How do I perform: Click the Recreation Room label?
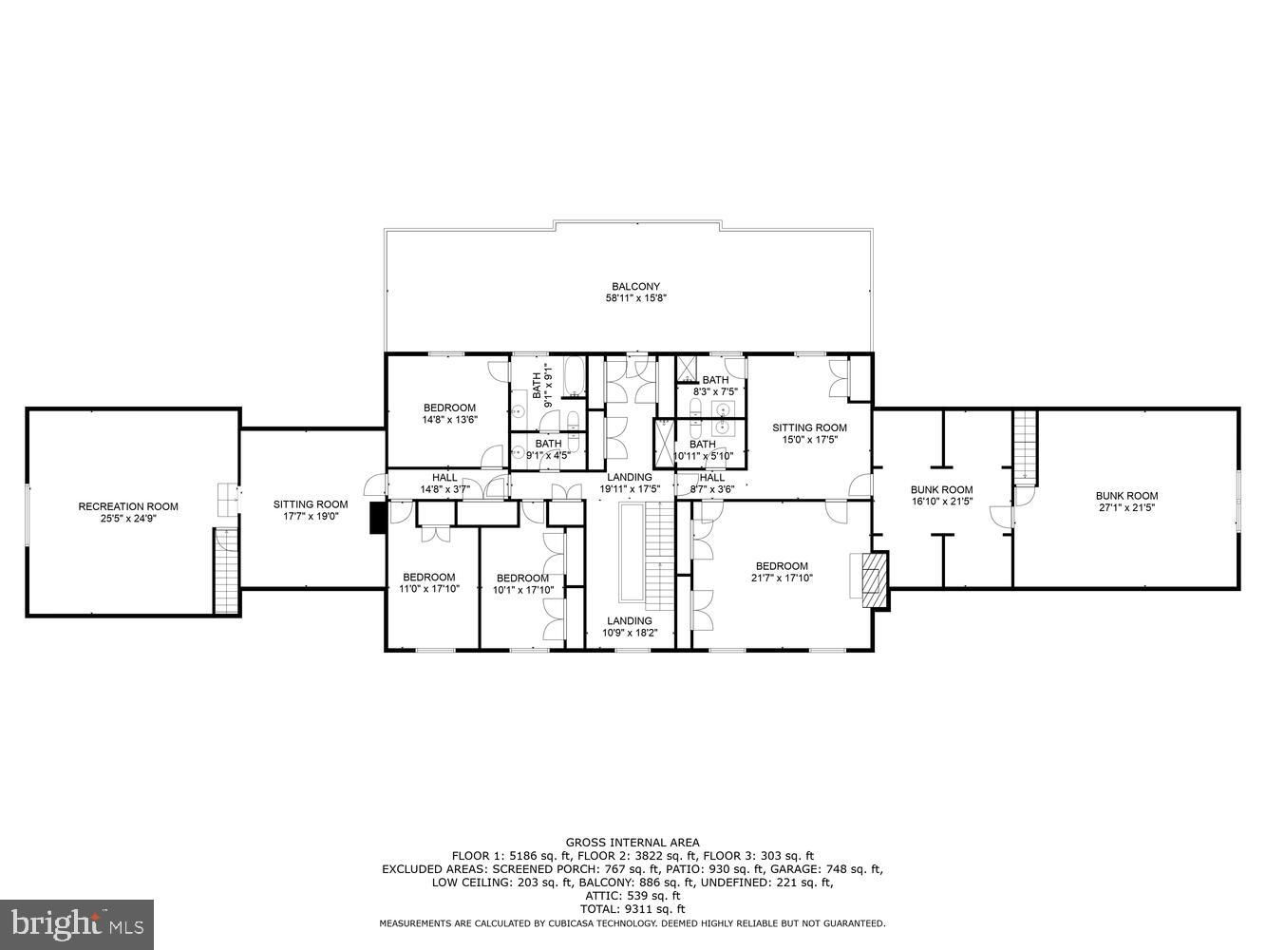click(x=128, y=506)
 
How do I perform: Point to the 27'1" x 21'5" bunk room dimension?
click(x=1126, y=507)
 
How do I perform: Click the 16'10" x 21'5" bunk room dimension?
click(x=942, y=502)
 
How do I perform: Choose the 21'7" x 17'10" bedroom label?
click(x=782, y=578)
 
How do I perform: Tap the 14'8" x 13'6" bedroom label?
click(x=449, y=420)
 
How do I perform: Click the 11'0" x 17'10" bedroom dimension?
click(x=428, y=589)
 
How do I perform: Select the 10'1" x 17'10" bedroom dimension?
click(x=522, y=590)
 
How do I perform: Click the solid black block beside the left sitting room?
click(x=378, y=518)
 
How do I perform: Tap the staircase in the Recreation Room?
click(x=225, y=571)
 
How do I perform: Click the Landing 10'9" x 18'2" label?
click(x=630, y=626)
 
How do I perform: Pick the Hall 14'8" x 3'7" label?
click(x=444, y=484)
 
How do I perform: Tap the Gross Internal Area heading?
click(x=633, y=843)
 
